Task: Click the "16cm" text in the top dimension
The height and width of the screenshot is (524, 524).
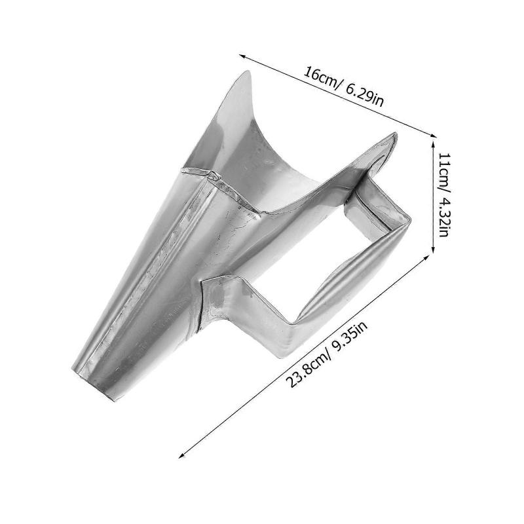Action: tap(322, 78)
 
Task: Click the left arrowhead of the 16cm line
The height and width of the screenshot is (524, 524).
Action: tap(241, 56)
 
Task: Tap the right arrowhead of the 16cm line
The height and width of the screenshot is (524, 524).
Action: tap(433, 135)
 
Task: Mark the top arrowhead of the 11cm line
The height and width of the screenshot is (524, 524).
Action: tap(434, 143)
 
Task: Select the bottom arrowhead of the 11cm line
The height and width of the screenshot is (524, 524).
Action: tap(434, 250)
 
